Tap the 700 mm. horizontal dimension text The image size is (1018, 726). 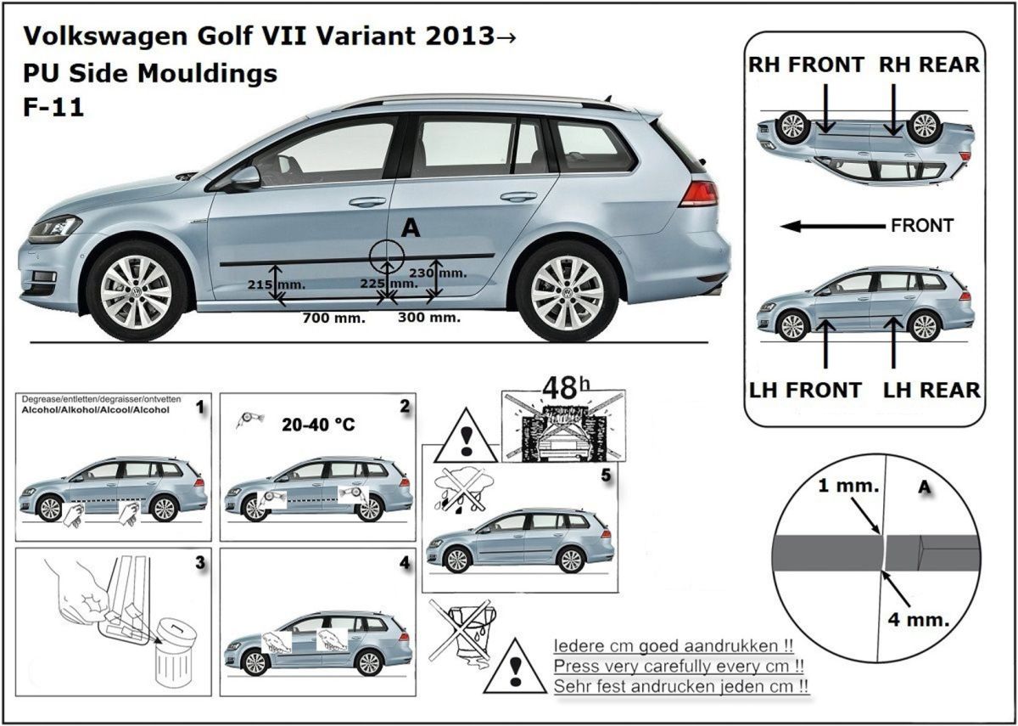pos(334,318)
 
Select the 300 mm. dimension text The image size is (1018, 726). pos(429,318)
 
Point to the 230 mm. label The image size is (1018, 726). pos(450,273)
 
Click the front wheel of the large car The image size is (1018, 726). pos(136,291)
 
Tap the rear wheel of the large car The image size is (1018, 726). pos(567,291)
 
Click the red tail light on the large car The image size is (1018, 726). pos(698,194)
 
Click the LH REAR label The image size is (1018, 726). pos(931,391)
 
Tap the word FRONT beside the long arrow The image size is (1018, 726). pos(922,226)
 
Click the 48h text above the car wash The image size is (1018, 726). pos(565,388)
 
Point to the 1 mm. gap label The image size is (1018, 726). pos(848,487)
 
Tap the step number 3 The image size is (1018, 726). pos(200,562)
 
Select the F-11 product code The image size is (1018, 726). pos(53,109)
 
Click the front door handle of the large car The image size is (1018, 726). pos(366,202)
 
